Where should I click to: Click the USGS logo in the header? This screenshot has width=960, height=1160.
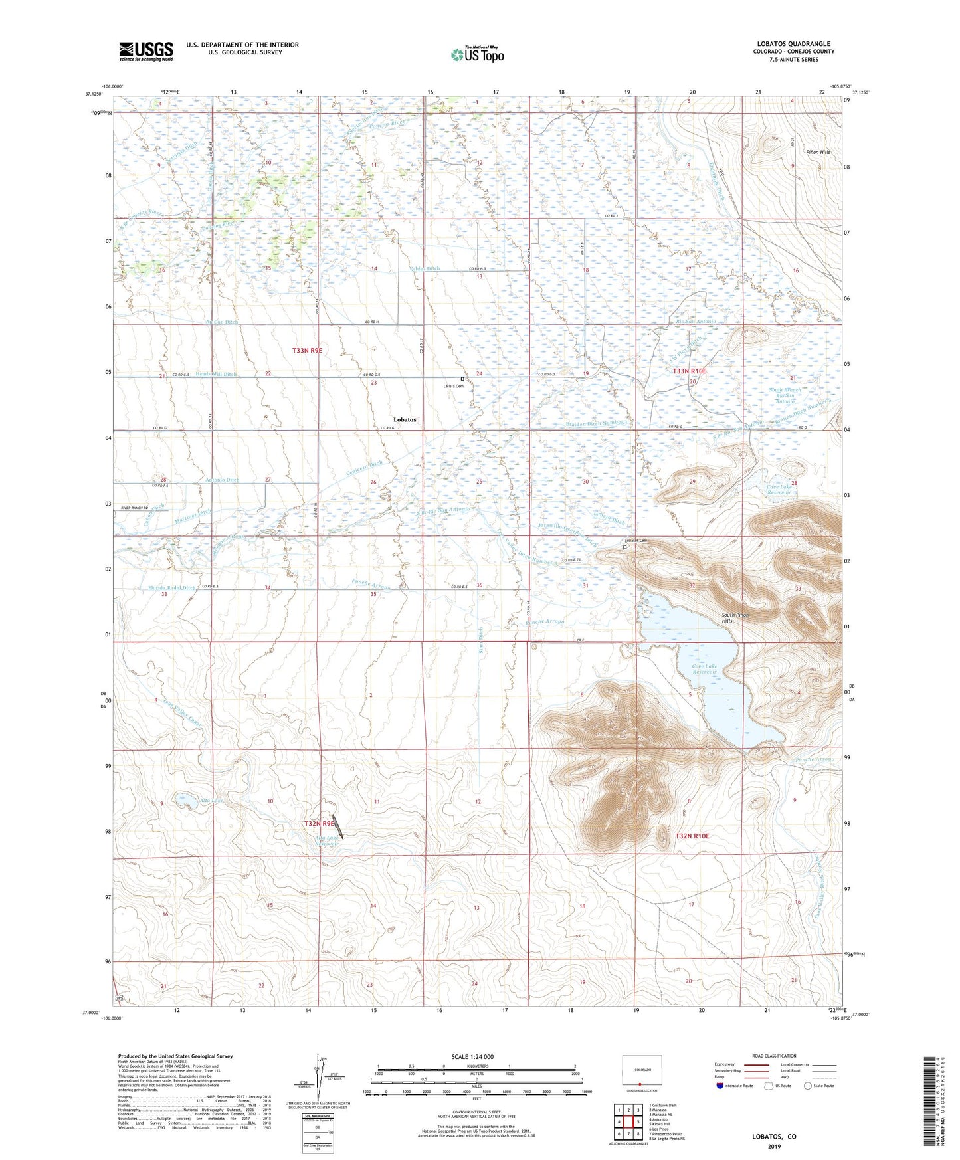145,51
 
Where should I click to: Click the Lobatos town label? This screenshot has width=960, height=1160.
405,420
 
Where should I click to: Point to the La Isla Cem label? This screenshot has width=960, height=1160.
454,386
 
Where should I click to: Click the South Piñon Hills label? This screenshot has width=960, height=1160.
735,618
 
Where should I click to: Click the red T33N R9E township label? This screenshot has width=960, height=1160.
312,350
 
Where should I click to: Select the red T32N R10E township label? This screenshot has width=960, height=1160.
692,836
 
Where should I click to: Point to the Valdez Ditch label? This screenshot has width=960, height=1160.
425,268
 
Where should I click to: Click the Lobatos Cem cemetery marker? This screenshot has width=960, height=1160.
625,547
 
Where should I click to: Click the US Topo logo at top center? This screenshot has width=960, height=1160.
476,54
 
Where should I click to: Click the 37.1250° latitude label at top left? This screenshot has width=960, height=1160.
94,94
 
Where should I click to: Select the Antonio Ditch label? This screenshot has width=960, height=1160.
222,480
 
